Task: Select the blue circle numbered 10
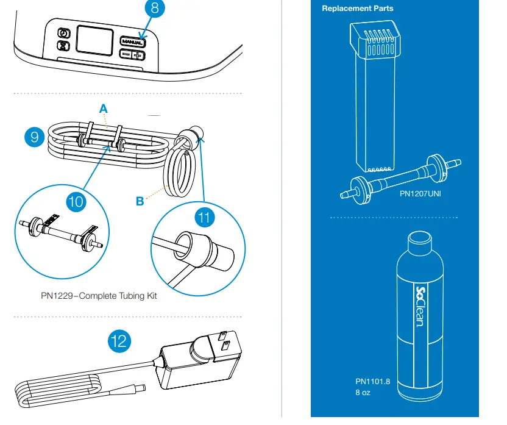pyautogui.click(x=76, y=202)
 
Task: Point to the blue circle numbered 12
pyautogui.click(x=119, y=340)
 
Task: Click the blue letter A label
pyautogui.click(x=104, y=108)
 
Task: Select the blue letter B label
pyautogui.click(x=140, y=201)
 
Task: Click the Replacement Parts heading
pyautogui.click(x=357, y=9)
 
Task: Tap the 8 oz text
pyautogui.click(x=363, y=392)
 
